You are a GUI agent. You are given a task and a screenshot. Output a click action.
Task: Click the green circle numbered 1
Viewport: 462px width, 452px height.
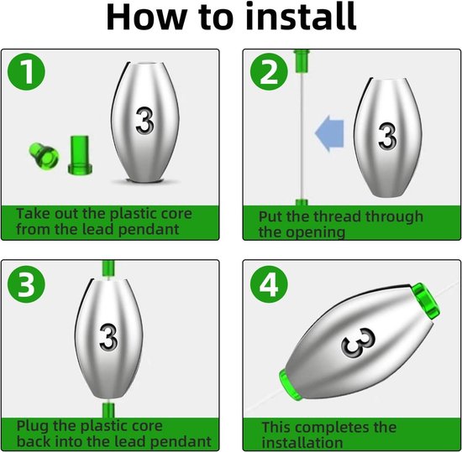click(27, 72)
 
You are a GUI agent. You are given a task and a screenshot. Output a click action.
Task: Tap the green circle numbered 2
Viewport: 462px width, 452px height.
click(269, 72)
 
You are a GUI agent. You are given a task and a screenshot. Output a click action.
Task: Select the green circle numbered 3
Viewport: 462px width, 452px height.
click(27, 284)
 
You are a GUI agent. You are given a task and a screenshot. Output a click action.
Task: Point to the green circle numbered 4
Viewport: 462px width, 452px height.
click(269, 284)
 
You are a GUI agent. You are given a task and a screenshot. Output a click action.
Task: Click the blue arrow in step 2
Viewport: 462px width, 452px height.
click(329, 133)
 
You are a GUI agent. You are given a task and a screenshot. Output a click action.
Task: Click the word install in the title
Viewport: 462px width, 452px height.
click(301, 16)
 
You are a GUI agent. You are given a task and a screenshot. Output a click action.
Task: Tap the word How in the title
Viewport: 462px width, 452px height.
click(146, 17)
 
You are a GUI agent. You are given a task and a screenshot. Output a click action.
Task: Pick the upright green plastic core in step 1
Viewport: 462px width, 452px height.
click(80, 154)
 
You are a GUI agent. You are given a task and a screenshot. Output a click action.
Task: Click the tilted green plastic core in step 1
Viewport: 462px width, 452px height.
click(44, 155)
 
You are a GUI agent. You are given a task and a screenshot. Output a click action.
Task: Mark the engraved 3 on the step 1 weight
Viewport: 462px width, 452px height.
click(144, 121)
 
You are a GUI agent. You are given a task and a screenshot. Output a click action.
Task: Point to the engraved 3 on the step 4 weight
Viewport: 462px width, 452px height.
click(359, 342)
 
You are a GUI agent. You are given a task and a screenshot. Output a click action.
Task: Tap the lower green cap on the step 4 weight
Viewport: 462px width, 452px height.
click(291, 385)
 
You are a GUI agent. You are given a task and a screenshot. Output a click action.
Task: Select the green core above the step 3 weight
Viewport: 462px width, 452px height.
click(108, 269)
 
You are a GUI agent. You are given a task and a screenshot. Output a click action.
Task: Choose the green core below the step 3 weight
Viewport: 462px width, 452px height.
click(108, 409)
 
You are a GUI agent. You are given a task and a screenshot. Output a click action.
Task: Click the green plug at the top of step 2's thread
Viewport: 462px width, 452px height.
click(302, 60)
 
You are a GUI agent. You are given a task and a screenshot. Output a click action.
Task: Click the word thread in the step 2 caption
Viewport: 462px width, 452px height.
click(337, 216)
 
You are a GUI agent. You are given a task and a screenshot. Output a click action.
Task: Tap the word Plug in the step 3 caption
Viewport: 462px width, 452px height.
click(33, 426)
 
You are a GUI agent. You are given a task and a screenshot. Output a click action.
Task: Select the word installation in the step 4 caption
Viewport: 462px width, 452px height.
click(302, 443)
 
